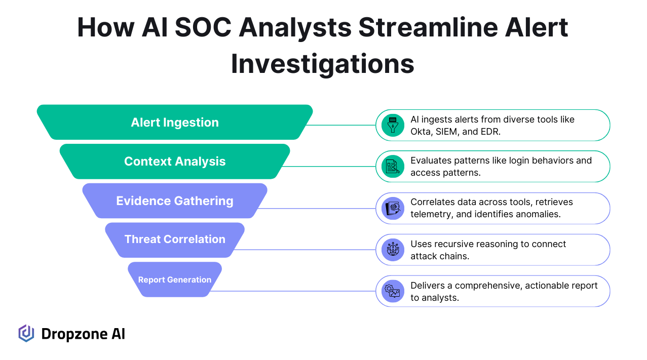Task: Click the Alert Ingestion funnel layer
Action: [175, 122]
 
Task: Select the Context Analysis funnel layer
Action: [175, 162]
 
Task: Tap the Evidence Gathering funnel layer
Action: [175, 201]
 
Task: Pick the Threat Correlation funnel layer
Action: [175, 239]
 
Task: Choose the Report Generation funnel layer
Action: [175, 279]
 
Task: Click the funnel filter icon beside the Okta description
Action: [393, 125]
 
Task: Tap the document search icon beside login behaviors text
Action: [393, 167]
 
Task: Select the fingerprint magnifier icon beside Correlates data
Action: [393, 209]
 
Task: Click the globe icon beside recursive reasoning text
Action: [393, 250]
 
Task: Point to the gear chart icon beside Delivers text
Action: [393, 291]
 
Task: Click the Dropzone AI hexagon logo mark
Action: [26, 334]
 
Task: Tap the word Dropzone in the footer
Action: [74, 334]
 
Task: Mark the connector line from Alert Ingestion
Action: [340, 125]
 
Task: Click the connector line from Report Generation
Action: [292, 291]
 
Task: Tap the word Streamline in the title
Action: [428, 27]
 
